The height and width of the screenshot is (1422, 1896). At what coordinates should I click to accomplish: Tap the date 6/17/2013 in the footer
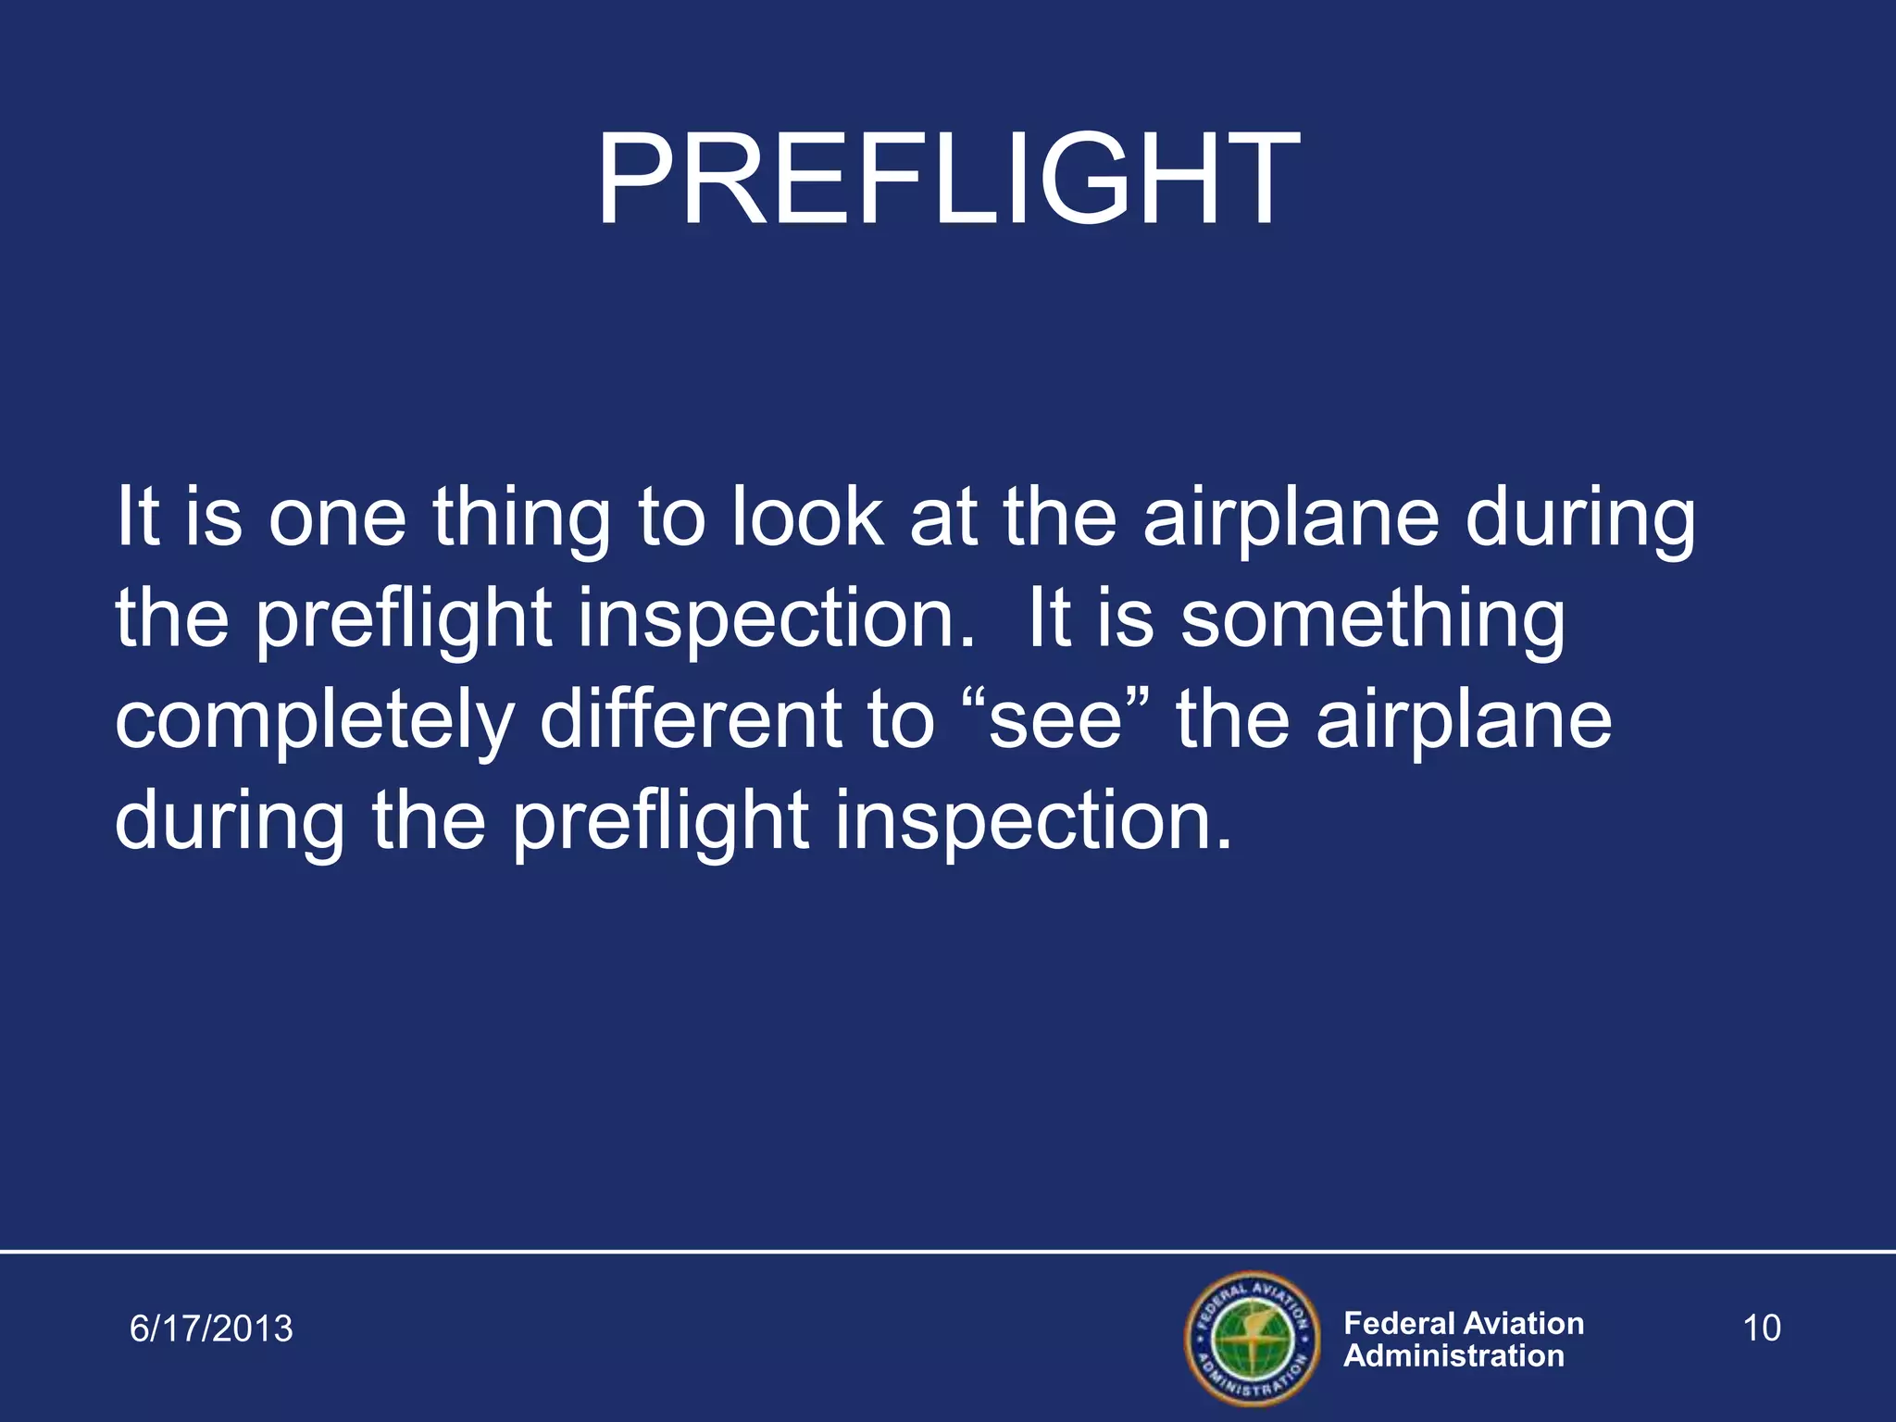211,1328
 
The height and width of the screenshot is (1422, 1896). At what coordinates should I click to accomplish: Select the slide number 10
1761,1328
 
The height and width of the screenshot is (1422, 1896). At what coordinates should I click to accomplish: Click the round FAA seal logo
1253,1338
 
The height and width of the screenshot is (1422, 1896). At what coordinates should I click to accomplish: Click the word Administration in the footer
1453,1356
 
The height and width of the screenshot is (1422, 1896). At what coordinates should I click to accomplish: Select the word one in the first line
337,518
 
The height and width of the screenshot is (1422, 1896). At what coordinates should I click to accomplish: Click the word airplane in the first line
1291,518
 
